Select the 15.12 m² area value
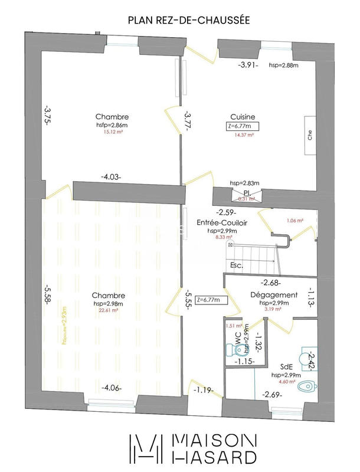tap(112, 132)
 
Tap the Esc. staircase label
tap(237, 265)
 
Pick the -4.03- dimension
tap(111, 176)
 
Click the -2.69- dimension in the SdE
tap(273, 394)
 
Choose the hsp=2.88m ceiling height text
tap(284, 65)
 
